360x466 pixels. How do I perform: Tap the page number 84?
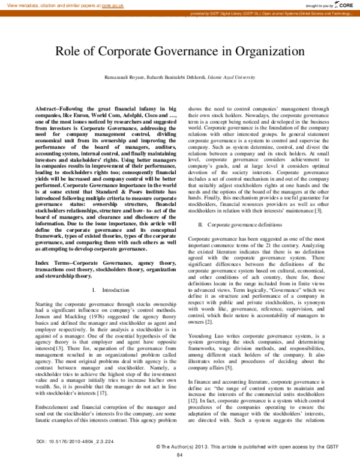179,455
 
